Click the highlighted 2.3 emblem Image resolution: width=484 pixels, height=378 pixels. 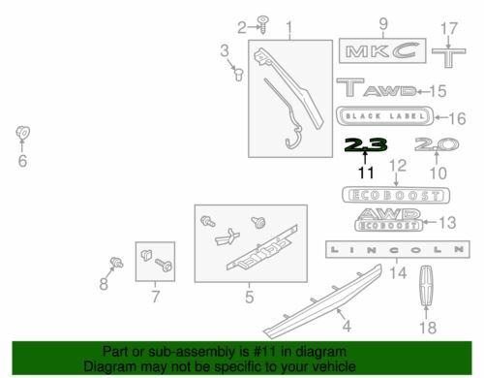pyautogui.click(x=366, y=144)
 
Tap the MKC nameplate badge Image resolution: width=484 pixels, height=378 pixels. pyautogui.click(x=382, y=50)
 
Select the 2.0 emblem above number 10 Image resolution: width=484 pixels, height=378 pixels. pyautogui.click(x=437, y=144)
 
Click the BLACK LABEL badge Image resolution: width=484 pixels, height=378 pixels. pyautogui.click(x=385, y=115)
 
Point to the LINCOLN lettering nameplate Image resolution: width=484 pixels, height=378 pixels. pyautogui.click(x=398, y=249)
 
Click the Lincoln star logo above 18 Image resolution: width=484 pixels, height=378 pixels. pyautogui.click(x=426, y=285)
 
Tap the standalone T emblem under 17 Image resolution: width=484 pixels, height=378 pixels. pyautogui.click(x=449, y=58)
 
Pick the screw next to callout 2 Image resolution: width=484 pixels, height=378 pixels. pyautogui.click(x=263, y=24)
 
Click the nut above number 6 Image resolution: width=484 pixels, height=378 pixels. pyautogui.click(x=22, y=132)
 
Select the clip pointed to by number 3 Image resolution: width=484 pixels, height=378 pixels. pyautogui.click(x=239, y=75)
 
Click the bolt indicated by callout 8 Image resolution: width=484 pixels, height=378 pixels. pyautogui.click(x=116, y=262)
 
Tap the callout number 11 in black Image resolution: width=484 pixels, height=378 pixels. pyautogui.click(x=366, y=173)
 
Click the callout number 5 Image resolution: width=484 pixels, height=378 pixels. pyautogui.click(x=249, y=297)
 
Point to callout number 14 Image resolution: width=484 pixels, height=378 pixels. pyautogui.click(x=398, y=273)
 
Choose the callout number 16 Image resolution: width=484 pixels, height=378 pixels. pyautogui.click(x=457, y=118)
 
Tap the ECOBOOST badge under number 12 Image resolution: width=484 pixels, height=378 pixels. pyautogui.click(x=396, y=195)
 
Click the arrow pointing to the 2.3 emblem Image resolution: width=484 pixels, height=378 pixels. pyautogui.click(x=365, y=157)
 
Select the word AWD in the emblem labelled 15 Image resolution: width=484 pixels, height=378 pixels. pyautogui.click(x=390, y=91)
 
